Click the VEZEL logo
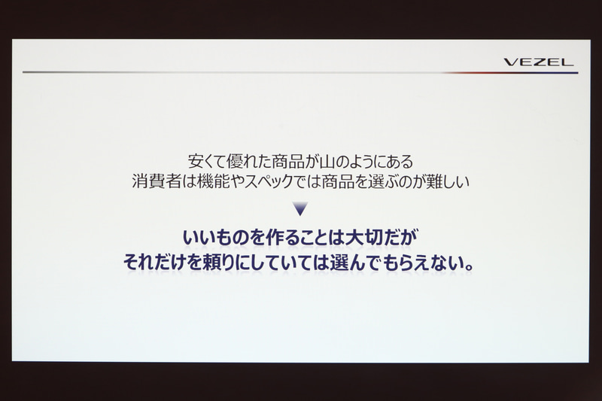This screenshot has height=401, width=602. click(538, 62)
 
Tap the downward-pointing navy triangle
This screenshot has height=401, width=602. click(300, 208)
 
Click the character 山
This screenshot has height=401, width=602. click(321, 161)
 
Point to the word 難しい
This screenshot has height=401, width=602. click(451, 181)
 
